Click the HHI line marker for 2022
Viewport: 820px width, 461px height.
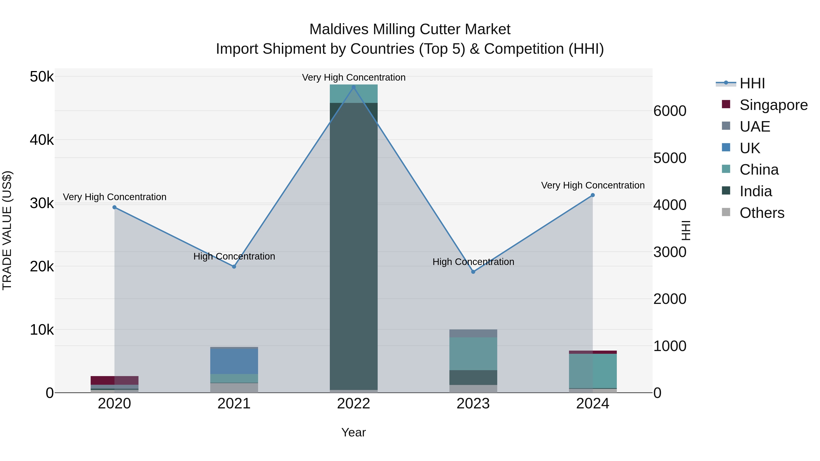pyautogui.click(x=353, y=87)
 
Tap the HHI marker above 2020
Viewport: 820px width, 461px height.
pyautogui.click(x=115, y=207)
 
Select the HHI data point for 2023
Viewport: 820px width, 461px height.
pyautogui.click(x=473, y=272)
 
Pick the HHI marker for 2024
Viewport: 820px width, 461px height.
pyautogui.click(x=592, y=195)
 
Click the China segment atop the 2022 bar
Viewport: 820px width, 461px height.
pyautogui.click(x=353, y=94)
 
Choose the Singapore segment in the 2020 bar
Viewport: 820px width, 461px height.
pyautogui.click(x=115, y=380)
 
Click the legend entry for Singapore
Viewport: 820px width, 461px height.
pyautogui.click(x=773, y=105)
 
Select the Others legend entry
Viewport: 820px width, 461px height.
pyautogui.click(x=762, y=213)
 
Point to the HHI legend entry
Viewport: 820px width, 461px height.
pyautogui.click(x=752, y=83)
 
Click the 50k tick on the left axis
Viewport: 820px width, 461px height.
pyautogui.click(x=42, y=77)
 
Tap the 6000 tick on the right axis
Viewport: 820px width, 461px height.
pyautogui.click(x=669, y=111)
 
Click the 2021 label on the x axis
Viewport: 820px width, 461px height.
pyautogui.click(x=234, y=404)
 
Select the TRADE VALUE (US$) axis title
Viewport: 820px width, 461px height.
pyautogui.click(x=7, y=230)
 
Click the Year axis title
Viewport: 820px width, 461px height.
pyautogui.click(x=353, y=432)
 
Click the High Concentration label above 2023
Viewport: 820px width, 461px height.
pyautogui.click(x=473, y=262)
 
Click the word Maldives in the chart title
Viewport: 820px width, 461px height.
pyautogui.click(x=339, y=30)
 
